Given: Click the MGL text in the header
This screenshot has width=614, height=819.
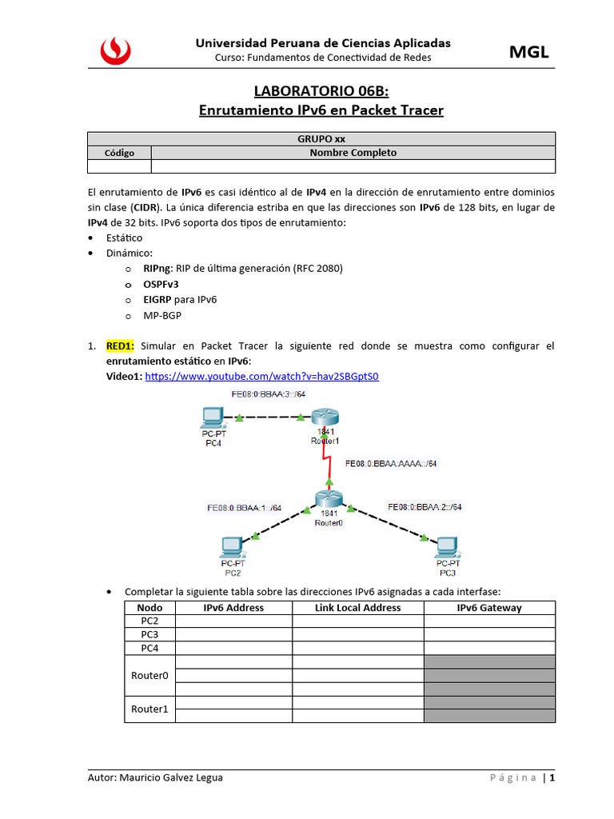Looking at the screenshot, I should pos(529,53).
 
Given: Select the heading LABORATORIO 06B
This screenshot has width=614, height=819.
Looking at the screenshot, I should pos(321,91).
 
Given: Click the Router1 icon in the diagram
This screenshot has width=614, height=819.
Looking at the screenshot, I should pos(325,418).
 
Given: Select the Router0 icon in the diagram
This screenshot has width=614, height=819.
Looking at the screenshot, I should pos(329,499).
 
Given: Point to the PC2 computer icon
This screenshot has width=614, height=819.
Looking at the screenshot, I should pos(232,548).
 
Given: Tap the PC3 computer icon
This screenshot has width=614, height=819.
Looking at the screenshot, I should pos(447,548).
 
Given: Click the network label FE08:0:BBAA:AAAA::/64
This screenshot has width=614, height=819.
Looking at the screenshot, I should pos(391,462).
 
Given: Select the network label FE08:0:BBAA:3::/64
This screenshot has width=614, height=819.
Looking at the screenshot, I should pos(268,394).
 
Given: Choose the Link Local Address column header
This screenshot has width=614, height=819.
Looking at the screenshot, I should pos(358,608).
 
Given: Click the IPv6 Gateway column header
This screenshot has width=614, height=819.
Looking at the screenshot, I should pos(489,608).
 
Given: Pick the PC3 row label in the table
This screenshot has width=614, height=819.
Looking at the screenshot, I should pos(150,634).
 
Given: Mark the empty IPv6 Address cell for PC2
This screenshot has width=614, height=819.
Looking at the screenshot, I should pos(233,621).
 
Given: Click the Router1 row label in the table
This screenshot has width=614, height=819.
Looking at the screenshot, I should pos(150,709).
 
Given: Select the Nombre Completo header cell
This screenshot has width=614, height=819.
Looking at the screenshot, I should pos(353,153).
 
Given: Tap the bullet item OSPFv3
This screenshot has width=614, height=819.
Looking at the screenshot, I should pos(161,284).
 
